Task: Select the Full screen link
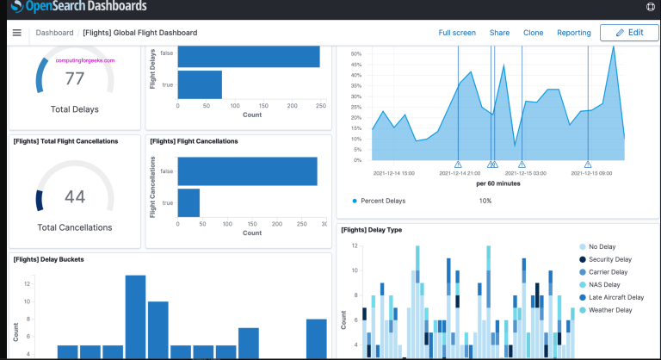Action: tap(457, 33)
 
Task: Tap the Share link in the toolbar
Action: tap(499, 33)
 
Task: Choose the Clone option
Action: tap(533, 33)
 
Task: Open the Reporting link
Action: tap(573, 33)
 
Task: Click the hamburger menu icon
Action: tap(16, 33)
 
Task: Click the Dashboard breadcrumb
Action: tap(54, 33)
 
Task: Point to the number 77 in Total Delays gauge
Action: tap(75, 79)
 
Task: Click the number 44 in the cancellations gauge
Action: tap(75, 197)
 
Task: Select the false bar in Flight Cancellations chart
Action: tap(247, 171)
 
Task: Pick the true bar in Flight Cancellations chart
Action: tap(188, 202)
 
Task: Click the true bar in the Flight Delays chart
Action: tap(200, 84)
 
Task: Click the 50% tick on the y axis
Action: tap(356, 53)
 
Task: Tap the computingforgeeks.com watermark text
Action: tap(85, 60)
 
